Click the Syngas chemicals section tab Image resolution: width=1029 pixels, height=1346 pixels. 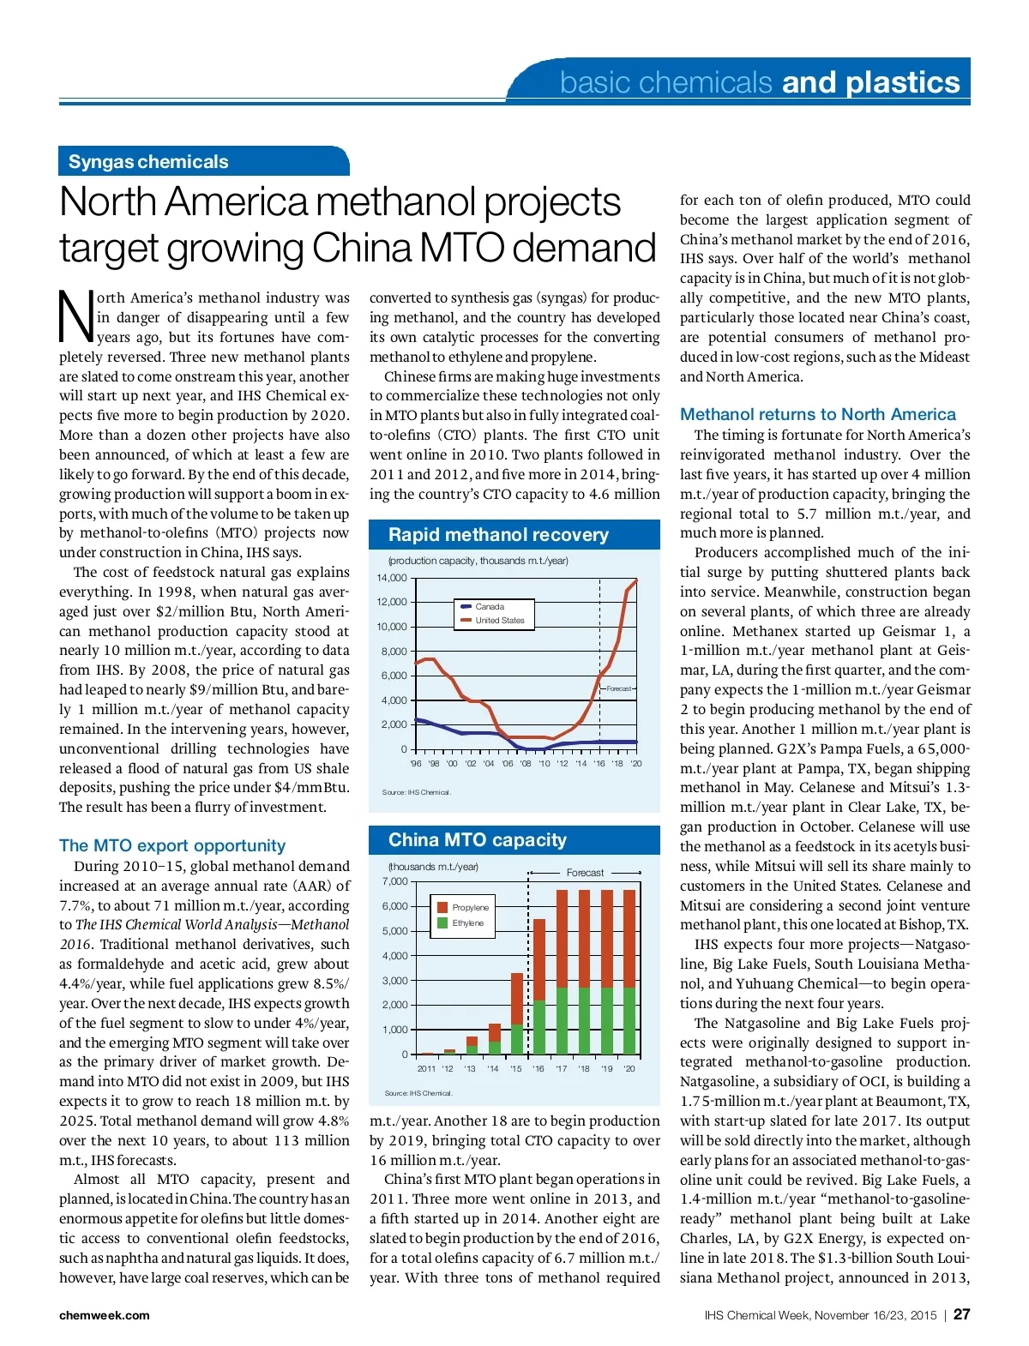148,162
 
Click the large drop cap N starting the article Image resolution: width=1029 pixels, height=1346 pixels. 75,315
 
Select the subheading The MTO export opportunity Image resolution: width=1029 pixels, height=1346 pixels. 172,845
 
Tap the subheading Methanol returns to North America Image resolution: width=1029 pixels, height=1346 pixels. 817,414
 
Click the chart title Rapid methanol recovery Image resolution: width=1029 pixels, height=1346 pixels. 498,535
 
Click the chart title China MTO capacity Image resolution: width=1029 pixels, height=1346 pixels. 477,840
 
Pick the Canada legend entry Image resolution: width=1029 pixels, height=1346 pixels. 490,606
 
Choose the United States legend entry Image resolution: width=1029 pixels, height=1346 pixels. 499,620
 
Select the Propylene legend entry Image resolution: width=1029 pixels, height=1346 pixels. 470,907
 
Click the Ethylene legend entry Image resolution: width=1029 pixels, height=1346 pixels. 467,923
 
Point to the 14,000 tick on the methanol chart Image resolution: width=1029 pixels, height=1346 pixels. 392,578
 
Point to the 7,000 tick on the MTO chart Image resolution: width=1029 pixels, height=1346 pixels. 394,881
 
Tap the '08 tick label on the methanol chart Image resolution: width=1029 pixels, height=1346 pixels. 526,763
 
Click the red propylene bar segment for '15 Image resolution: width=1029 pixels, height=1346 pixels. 517,999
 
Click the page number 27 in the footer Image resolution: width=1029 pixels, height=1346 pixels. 961,1314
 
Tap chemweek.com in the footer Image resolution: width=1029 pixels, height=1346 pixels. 104,1315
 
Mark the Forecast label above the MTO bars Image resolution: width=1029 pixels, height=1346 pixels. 585,873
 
